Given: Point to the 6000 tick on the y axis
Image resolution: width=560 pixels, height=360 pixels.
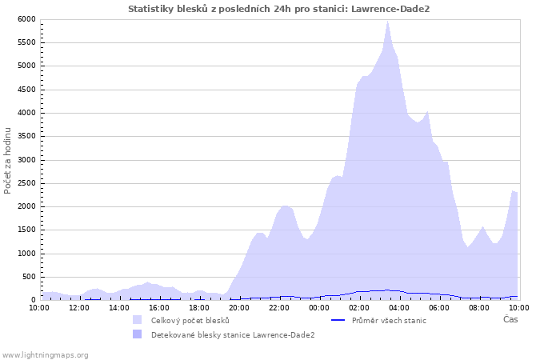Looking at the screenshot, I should click(26, 19).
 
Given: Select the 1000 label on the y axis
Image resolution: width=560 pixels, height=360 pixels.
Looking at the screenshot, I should click(26, 254).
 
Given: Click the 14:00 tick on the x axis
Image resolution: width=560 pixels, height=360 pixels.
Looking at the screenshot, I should click(119, 307).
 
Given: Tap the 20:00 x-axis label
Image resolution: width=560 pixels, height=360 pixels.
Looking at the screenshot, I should click(239, 307).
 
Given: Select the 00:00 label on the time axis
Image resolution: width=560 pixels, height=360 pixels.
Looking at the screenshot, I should click(319, 307).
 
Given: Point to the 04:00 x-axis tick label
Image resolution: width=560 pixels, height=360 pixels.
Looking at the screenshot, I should click(399, 307).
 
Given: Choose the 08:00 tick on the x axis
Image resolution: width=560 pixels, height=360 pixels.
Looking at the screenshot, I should click(479, 307).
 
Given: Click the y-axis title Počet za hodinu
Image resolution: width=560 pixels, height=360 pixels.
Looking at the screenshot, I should click(8, 160).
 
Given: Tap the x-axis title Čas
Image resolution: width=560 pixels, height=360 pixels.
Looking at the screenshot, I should click(510, 320).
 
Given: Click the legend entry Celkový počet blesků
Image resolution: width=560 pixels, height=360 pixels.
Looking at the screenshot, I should click(190, 320).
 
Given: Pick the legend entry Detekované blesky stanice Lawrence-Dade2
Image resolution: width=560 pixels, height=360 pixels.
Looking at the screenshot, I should click(233, 334).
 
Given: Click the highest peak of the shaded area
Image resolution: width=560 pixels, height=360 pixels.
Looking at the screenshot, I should click(388, 22).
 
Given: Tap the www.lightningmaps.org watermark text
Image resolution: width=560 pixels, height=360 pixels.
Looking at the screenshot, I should click(46, 354).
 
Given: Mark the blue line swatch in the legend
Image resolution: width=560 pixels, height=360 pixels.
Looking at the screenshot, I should click(338, 320).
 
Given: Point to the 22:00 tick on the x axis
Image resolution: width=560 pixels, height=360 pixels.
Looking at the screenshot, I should click(279, 307).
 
